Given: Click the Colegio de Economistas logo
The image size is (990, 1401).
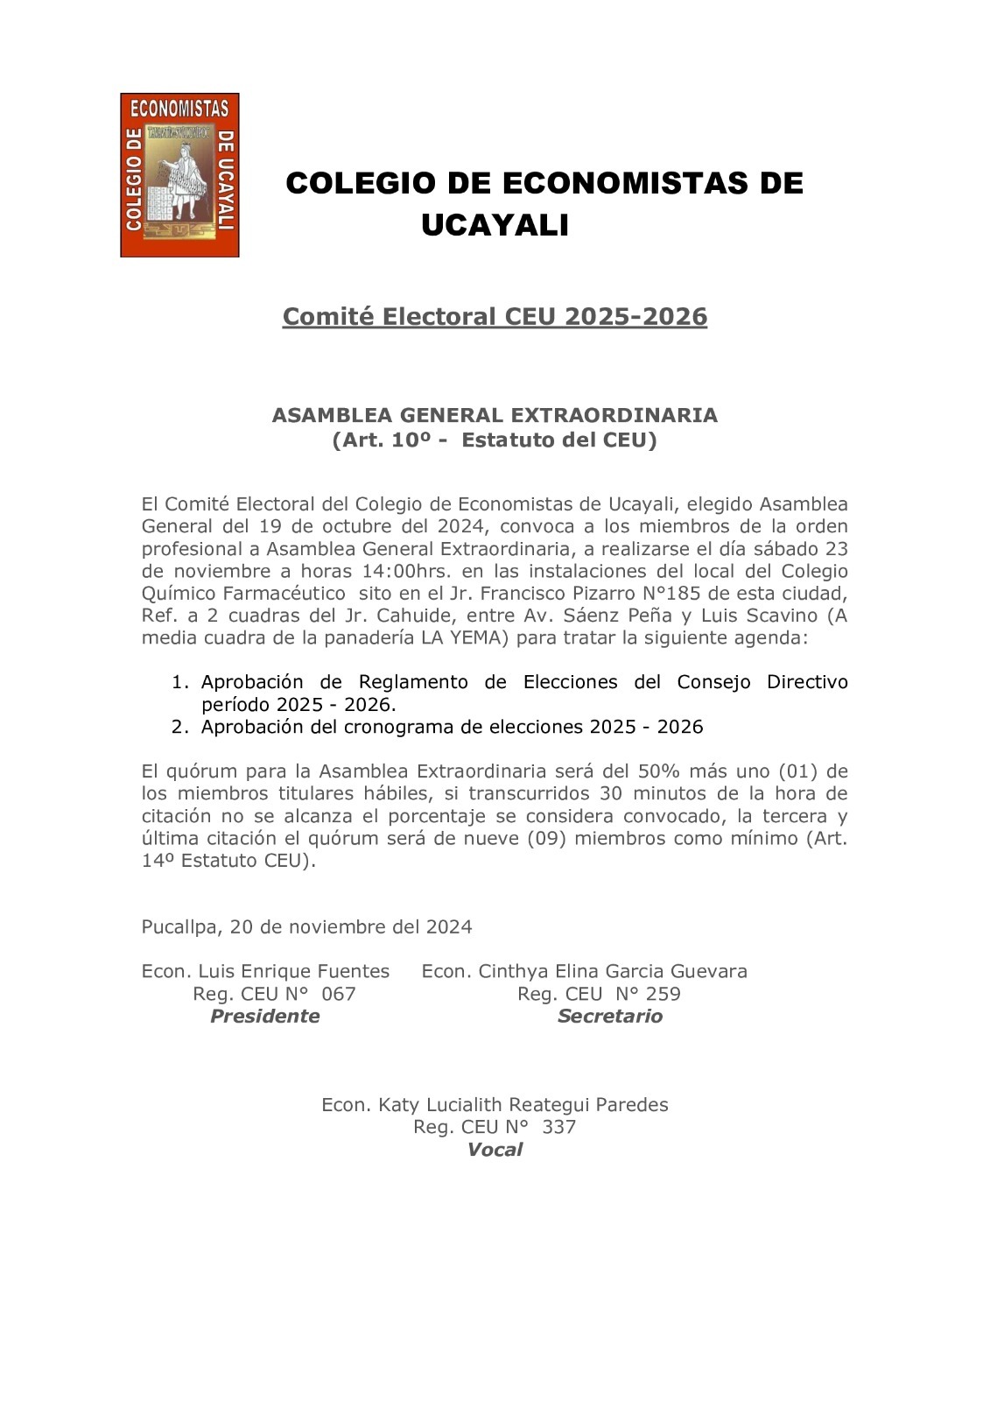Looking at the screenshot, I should pyautogui.click(x=179, y=175).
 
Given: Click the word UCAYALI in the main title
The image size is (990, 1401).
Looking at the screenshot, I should pyautogui.click(x=495, y=226).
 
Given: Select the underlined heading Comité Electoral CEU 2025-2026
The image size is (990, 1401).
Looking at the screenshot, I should pyautogui.click(x=495, y=316).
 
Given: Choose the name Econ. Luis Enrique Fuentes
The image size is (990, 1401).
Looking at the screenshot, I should pyautogui.click(x=265, y=971).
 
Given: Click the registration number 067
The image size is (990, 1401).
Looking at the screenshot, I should pyautogui.click(x=339, y=994).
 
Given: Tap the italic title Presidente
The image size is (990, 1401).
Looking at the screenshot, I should pyautogui.click(x=265, y=1016).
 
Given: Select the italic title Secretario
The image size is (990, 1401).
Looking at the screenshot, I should pyautogui.click(x=610, y=1016).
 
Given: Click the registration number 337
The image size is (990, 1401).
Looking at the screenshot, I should pyautogui.click(x=558, y=1127).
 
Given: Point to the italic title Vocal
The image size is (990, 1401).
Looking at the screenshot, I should pyautogui.click(x=495, y=1150).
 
